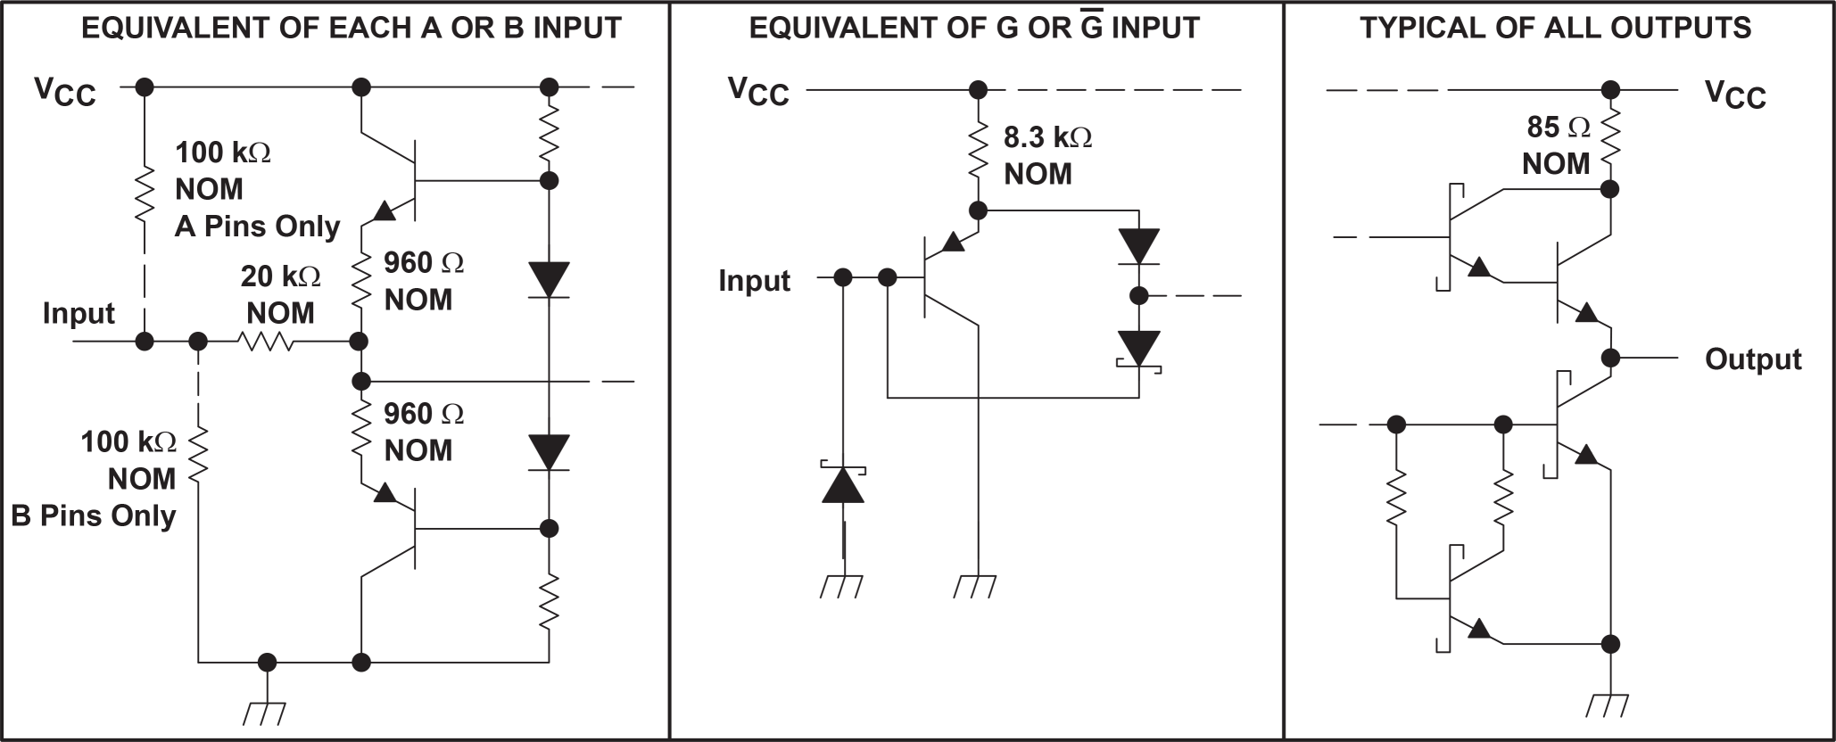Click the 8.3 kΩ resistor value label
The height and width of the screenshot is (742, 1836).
[1047, 137]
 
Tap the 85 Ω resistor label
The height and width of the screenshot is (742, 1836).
[1558, 128]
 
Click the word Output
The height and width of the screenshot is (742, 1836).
[1752, 359]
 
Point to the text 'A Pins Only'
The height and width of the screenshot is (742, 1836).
[257, 227]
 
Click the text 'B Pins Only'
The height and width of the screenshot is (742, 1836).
[93, 515]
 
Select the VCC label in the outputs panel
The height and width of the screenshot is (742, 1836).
[1734, 94]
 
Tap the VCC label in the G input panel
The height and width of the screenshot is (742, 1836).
[758, 91]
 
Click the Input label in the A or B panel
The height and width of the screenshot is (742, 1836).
[79, 313]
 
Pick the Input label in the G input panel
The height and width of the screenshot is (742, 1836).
[754, 280]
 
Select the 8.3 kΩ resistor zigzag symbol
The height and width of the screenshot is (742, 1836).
[978, 150]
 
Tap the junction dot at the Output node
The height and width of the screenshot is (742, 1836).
[1610, 358]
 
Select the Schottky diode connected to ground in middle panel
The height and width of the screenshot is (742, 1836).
[842, 484]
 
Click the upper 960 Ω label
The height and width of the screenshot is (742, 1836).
[424, 262]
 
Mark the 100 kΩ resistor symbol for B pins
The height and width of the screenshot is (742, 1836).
[198, 455]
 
